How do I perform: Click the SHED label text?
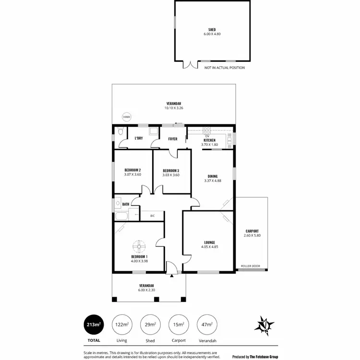(x=211, y=30)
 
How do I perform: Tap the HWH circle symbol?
(x=126, y=117)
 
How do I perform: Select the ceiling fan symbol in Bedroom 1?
(x=139, y=247)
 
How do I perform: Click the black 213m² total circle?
(x=93, y=325)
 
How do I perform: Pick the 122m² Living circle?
(x=121, y=325)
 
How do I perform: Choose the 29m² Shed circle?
(x=150, y=325)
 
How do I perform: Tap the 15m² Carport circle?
(x=178, y=325)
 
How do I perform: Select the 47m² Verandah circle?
(x=206, y=325)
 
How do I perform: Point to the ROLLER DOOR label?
(x=250, y=265)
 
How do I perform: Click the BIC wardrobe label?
(x=153, y=216)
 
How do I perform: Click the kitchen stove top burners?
(x=207, y=130)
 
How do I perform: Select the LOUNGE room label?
(x=209, y=242)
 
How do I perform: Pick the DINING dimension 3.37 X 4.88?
(x=213, y=180)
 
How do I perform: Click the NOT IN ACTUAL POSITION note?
(x=225, y=68)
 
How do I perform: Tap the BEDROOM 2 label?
(x=132, y=170)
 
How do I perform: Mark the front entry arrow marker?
(x=172, y=276)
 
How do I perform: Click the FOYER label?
(x=172, y=139)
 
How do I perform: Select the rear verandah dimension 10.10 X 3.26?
(x=174, y=108)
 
